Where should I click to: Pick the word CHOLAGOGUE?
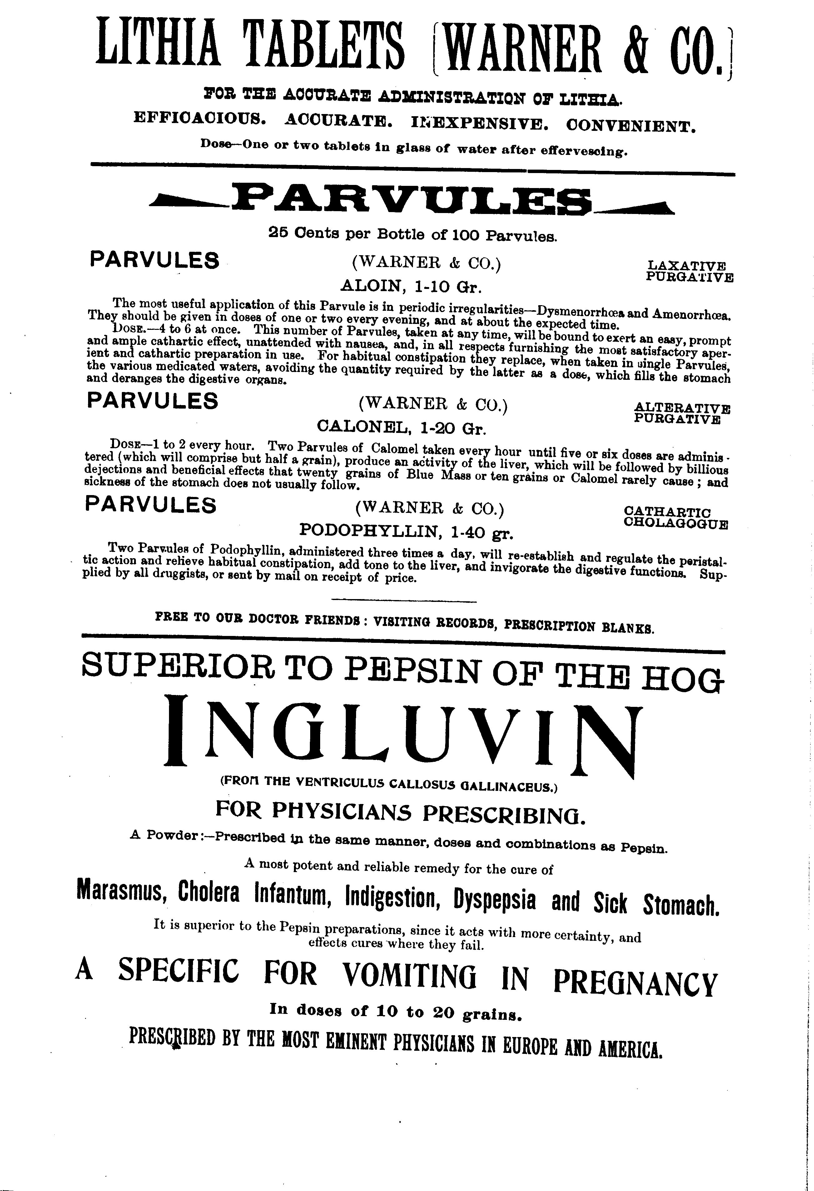[x=676, y=524]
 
